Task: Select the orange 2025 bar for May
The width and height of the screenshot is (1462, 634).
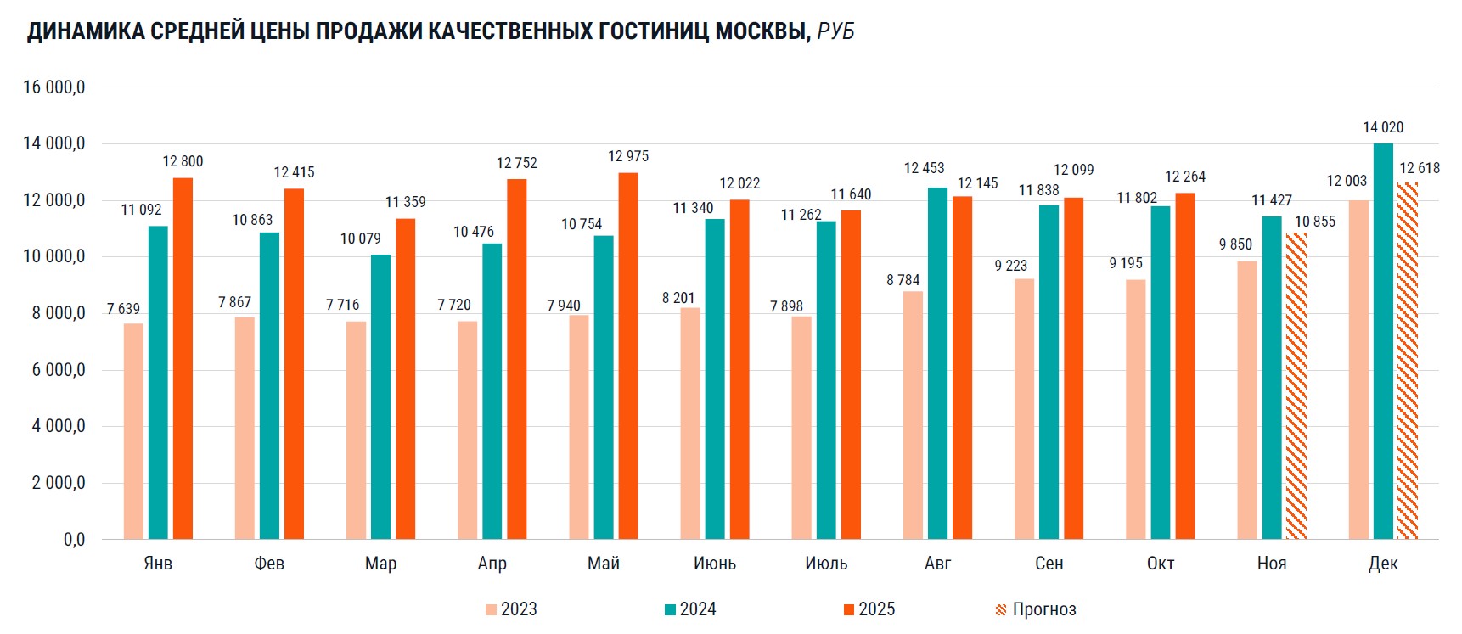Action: pos(628,356)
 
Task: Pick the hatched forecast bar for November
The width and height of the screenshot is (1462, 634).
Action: pos(1296,386)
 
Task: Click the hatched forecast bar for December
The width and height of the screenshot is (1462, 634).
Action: pos(1408,361)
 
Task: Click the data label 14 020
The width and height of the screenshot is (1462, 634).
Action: pos(1383,127)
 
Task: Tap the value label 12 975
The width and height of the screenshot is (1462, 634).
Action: pos(628,156)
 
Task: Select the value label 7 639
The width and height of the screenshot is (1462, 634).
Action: pos(123,309)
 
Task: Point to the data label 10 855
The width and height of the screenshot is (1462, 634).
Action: pos(1315,222)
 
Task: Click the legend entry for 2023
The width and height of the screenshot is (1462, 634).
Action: pos(511,609)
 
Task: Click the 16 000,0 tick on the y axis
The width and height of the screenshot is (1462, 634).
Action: pos(54,87)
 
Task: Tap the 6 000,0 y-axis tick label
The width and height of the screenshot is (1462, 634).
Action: pos(58,370)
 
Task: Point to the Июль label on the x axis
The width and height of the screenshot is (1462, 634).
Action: pos(826,564)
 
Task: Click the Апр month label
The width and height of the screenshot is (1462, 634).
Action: pos(492,564)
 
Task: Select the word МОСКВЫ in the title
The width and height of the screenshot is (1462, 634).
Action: pos(762,31)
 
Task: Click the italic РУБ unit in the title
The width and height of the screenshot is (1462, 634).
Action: pos(836,31)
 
